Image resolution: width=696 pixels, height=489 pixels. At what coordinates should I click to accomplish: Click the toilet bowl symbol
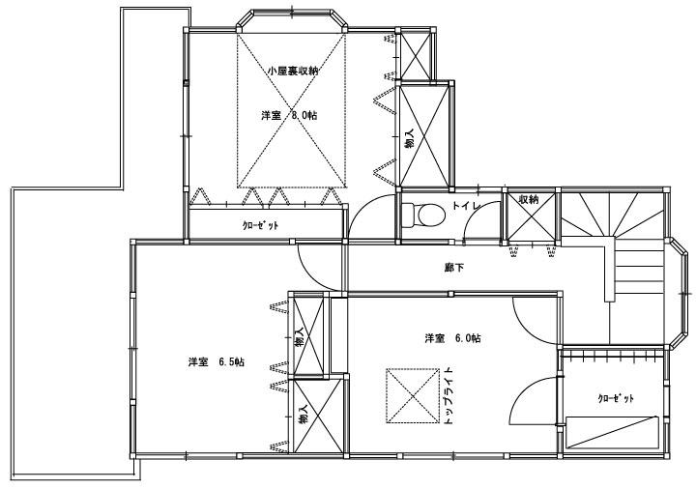[x=423, y=216]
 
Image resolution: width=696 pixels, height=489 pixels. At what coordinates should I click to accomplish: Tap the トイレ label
[x=467, y=206]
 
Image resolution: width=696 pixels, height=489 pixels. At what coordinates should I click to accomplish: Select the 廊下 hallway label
[x=453, y=268]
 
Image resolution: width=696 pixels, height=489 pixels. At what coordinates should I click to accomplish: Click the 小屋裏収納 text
[x=293, y=71]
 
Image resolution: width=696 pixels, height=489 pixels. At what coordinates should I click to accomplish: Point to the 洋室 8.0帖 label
[x=289, y=116]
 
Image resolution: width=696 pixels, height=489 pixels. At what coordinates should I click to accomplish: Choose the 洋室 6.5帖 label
[x=217, y=362]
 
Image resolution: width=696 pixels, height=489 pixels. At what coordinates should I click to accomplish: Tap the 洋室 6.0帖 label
[x=452, y=338]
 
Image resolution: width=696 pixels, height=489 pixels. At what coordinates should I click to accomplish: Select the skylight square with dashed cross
[x=413, y=396]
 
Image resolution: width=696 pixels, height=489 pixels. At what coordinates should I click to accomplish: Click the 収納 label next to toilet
[x=529, y=200]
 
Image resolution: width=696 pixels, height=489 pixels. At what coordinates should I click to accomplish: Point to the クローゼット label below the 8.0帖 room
[x=261, y=225]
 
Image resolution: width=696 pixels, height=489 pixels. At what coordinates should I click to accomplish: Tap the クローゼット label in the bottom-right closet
[x=616, y=398]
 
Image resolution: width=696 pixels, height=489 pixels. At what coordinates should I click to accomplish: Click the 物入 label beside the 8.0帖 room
[x=409, y=138]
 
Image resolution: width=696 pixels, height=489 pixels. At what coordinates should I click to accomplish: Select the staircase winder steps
[x=613, y=213]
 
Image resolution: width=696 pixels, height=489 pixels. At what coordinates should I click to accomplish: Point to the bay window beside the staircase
[x=680, y=294]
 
